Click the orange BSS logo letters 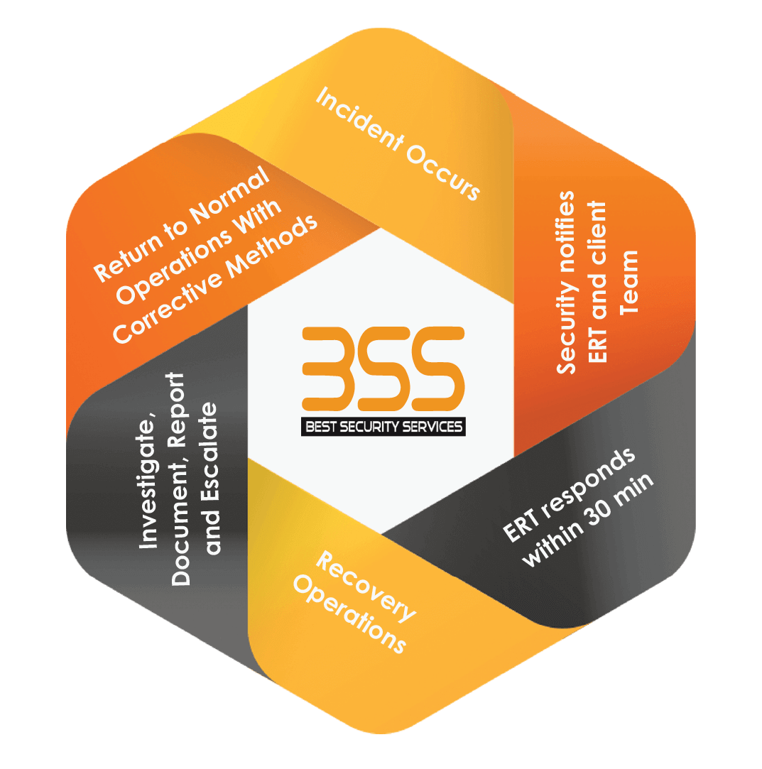point(383,370)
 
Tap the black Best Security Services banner point(383,427)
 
